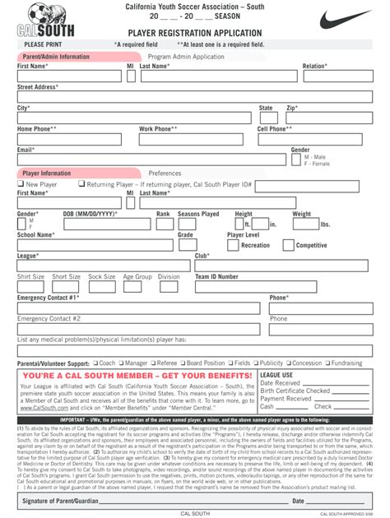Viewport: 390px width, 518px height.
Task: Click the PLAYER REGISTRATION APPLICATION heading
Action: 194,32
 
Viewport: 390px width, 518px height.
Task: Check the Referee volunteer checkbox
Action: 154,363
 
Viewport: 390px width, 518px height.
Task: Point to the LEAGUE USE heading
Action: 276,374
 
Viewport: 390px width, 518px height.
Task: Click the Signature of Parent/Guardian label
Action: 61,501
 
